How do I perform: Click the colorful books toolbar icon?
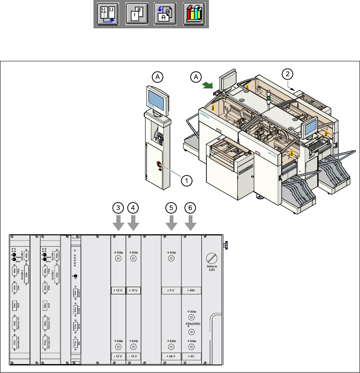(x=194, y=15)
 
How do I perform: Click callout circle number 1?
(x=184, y=180)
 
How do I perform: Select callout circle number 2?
(x=288, y=74)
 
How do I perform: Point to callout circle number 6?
(x=191, y=208)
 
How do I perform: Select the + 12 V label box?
(x=118, y=291)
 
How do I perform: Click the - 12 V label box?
(x=118, y=356)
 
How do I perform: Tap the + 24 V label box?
(x=171, y=356)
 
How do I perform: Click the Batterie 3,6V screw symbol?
(x=212, y=258)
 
